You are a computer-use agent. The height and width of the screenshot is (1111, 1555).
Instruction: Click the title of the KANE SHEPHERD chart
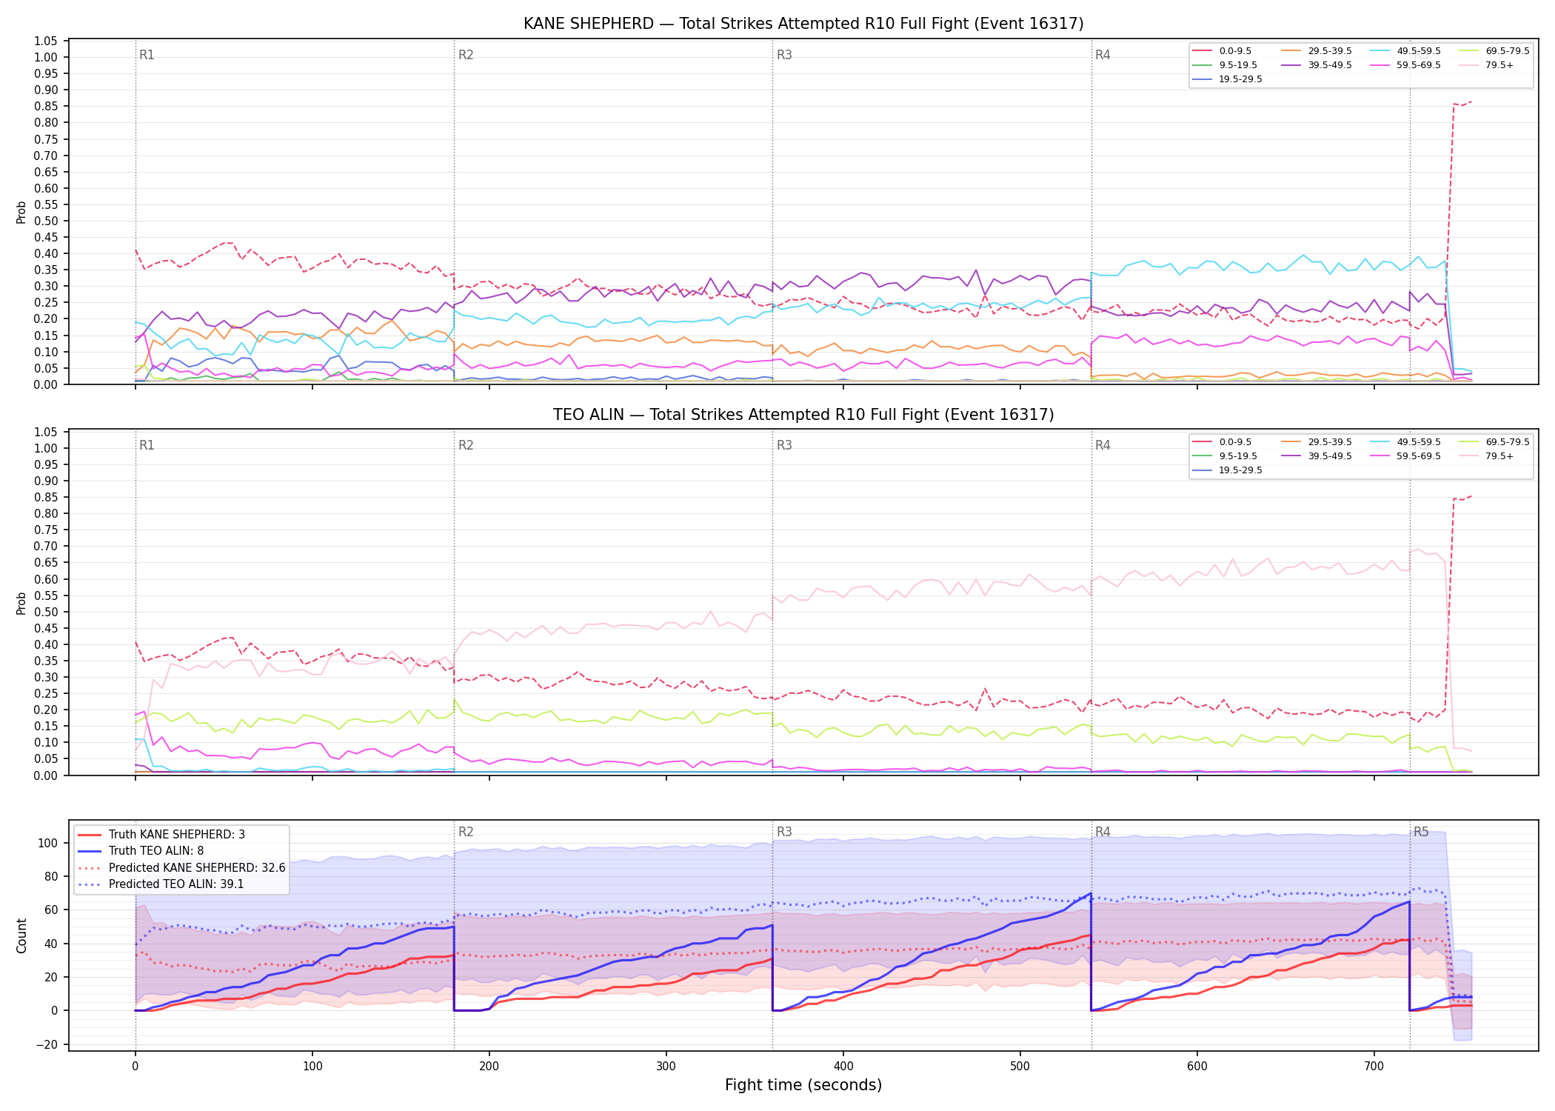point(803,24)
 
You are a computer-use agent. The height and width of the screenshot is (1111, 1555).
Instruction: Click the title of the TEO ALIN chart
point(803,415)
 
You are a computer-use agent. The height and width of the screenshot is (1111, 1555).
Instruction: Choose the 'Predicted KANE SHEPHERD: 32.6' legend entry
point(181,867)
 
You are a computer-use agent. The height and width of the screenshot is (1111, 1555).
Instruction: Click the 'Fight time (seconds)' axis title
point(803,1085)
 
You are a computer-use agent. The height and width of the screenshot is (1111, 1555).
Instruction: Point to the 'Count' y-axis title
point(21,936)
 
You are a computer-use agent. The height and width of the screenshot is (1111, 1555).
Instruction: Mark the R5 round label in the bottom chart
point(1421,832)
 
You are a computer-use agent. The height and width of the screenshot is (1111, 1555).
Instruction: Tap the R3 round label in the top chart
point(784,55)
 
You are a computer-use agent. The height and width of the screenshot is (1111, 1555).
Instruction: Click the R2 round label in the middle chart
point(466,445)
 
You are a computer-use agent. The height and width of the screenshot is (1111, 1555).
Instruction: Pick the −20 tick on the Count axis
point(49,1044)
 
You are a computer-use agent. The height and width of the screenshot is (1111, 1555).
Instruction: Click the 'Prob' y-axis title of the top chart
point(21,212)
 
